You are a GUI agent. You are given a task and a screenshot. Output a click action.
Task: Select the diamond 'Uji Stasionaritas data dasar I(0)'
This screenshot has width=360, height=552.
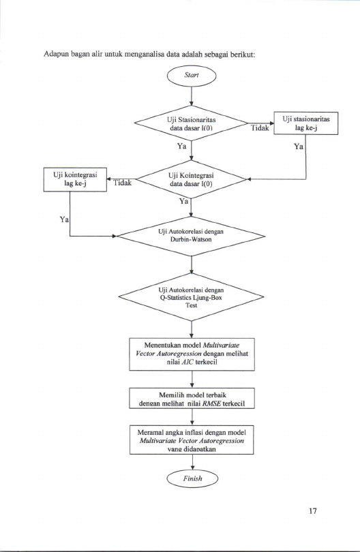(x=192, y=123)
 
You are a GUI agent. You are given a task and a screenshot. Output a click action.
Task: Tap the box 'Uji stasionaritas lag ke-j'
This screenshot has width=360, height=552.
(x=305, y=123)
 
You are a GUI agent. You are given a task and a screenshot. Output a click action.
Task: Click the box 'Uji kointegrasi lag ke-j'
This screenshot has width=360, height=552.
(x=75, y=179)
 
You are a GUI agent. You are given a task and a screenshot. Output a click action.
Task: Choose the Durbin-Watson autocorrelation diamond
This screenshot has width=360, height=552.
(x=192, y=236)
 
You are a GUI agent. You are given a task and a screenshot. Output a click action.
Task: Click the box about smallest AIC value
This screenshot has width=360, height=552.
(x=192, y=354)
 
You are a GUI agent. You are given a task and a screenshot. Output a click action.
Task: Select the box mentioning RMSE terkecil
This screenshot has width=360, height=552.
(x=192, y=398)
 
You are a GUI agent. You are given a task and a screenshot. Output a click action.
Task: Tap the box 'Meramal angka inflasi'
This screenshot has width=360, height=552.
(x=192, y=440)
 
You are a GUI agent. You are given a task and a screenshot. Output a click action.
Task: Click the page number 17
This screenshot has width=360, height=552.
(x=312, y=511)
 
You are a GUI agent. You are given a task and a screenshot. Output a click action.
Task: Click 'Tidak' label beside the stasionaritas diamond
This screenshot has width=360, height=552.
(x=260, y=128)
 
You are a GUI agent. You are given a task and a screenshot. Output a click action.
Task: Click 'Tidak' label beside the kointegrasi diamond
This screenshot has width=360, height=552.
(x=123, y=183)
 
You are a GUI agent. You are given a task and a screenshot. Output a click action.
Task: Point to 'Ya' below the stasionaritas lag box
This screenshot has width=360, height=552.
(x=299, y=147)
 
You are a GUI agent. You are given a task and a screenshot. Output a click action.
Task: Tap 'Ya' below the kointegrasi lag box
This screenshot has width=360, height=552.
(x=64, y=219)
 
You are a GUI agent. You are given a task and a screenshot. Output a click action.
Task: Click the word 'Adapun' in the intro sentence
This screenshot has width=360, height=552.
(x=55, y=55)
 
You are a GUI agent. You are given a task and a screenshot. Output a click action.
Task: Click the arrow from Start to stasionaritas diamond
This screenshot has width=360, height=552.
(x=192, y=95)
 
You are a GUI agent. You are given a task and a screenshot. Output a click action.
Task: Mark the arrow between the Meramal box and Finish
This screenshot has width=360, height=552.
(x=192, y=462)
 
